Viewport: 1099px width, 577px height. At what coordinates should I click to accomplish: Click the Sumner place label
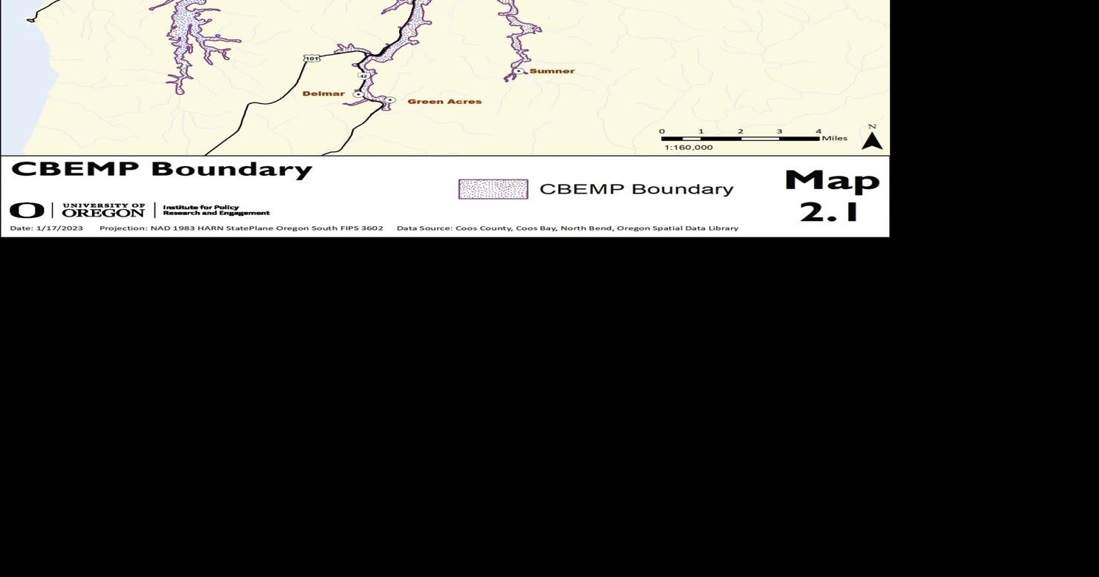pyautogui.click(x=551, y=71)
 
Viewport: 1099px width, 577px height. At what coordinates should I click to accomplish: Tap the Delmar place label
pyautogui.click(x=324, y=93)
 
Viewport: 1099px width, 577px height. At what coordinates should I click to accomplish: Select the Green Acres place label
pyautogui.click(x=444, y=102)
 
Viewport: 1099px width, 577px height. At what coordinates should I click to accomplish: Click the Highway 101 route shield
pyautogui.click(x=312, y=59)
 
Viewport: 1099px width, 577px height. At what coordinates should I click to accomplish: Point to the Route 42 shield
pyautogui.click(x=363, y=76)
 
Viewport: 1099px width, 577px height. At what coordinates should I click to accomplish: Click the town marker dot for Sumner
pyautogui.click(x=519, y=71)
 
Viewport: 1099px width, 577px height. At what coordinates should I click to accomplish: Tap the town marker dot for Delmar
pyautogui.click(x=358, y=94)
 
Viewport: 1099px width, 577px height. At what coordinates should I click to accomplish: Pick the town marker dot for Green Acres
pyautogui.click(x=390, y=100)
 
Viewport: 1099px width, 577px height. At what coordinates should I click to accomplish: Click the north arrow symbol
pyautogui.click(x=872, y=139)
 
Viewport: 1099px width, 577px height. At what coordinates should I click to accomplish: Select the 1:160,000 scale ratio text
pyautogui.click(x=688, y=148)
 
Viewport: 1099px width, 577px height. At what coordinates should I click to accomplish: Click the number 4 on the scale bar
pyautogui.click(x=818, y=131)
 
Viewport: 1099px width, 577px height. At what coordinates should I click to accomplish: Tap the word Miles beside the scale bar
pyautogui.click(x=834, y=138)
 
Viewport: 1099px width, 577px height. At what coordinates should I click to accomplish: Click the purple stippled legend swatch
pyautogui.click(x=493, y=189)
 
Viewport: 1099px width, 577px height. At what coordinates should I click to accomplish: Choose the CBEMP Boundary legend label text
pyautogui.click(x=636, y=189)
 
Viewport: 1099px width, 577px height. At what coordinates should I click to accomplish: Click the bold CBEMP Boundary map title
pyautogui.click(x=162, y=169)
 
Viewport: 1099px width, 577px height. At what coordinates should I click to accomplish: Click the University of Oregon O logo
pyautogui.click(x=27, y=211)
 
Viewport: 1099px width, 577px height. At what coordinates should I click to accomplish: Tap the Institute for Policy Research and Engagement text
pyautogui.click(x=216, y=210)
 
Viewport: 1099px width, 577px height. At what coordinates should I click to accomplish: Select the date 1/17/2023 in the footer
pyautogui.click(x=59, y=228)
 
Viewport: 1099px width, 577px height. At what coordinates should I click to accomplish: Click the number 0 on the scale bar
pyautogui.click(x=662, y=131)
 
